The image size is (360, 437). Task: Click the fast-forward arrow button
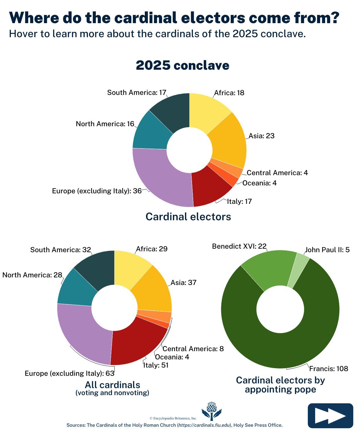[330, 416]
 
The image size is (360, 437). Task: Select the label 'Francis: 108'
[329, 368]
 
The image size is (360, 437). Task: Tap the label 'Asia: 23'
[261, 136]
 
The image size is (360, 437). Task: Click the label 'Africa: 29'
[152, 249]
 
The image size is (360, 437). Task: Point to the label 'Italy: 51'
[156, 365]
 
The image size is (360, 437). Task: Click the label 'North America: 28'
[32, 275]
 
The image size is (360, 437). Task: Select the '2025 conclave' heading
[182, 65]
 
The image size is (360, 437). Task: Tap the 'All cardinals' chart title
[113, 385]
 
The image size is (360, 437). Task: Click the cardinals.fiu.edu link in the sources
[204, 425]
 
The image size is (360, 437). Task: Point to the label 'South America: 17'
[137, 93]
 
